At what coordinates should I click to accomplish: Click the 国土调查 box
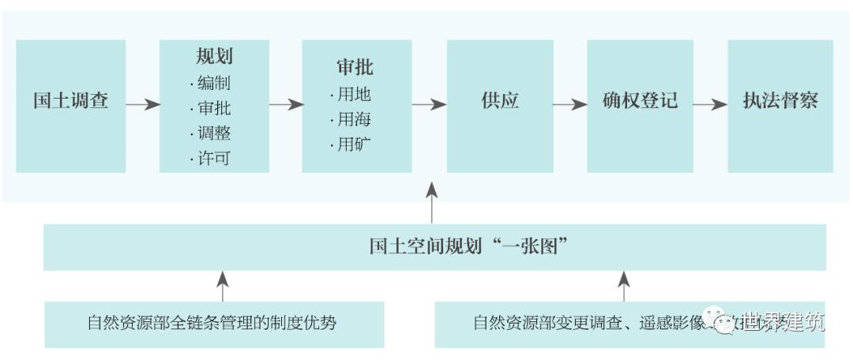pyautogui.click(x=70, y=103)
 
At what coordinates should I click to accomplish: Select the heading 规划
pyautogui.click(x=214, y=57)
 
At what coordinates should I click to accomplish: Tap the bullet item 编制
pyautogui.click(x=212, y=83)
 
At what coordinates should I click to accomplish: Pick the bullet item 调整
pyautogui.click(x=212, y=133)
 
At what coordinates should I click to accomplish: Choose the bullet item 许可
pyautogui.click(x=212, y=159)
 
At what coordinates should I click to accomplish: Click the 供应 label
pyautogui.click(x=500, y=103)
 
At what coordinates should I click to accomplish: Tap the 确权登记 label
pyautogui.click(x=640, y=103)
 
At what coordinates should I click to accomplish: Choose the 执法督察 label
pyautogui.click(x=780, y=103)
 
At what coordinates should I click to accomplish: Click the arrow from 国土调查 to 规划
pyautogui.click(x=142, y=104)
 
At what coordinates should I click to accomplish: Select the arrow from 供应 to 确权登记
pyautogui.click(x=567, y=104)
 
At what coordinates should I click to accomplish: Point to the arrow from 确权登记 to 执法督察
pyautogui.click(x=708, y=104)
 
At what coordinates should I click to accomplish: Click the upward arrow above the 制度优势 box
pyautogui.click(x=223, y=285)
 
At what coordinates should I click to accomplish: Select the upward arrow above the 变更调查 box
pyautogui.click(x=624, y=285)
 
